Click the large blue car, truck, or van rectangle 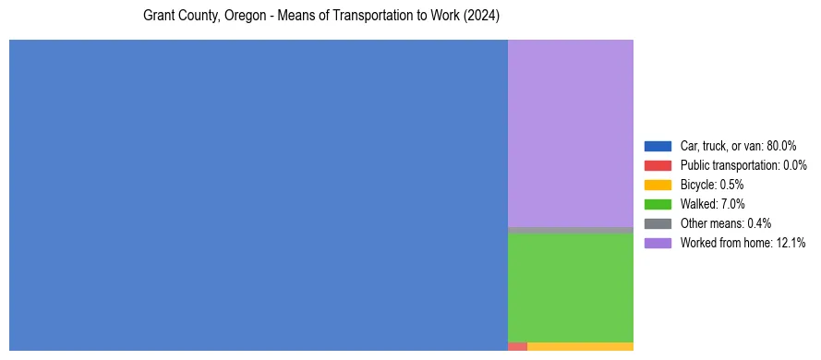point(259,195)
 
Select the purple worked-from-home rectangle point(571,133)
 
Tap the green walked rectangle point(571,287)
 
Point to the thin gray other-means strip point(571,230)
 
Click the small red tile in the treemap point(517,346)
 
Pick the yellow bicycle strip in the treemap point(580,346)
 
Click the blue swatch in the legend point(658,146)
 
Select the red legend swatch point(658,165)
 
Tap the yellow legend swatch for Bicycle point(658,185)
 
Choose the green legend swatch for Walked point(658,204)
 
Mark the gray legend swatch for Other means point(658,223)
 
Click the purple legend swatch point(658,243)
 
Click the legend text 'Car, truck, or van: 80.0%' point(738,146)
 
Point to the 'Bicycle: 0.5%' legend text point(712,185)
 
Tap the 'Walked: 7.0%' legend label point(712,204)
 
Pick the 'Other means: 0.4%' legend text point(726,223)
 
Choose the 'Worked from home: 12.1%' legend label point(742,243)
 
